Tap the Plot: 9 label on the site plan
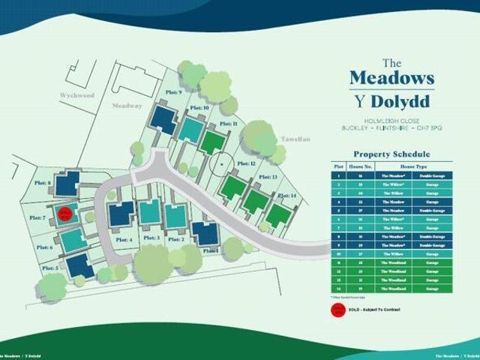174,92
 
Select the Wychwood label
78,95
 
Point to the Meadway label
127,106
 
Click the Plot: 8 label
43,182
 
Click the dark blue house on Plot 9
163,118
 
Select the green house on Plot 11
212,142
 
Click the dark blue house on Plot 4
120,215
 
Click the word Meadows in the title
392,77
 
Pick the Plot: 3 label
151,238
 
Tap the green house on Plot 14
278,215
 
